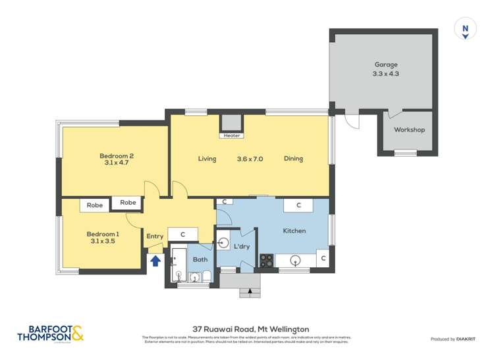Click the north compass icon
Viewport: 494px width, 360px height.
pyautogui.click(x=466, y=30)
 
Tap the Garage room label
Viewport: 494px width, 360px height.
pyautogui.click(x=385, y=64)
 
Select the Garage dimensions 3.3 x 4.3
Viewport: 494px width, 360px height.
pyautogui.click(x=385, y=74)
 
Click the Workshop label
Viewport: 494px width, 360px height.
pyautogui.click(x=409, y=130)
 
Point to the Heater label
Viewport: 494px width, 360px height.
pyautogui.click(x=232, y=136)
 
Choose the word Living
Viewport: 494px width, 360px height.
pyautogui.click(x=207, y=159)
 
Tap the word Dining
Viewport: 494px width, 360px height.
pyautogui.click(x=294, y=159)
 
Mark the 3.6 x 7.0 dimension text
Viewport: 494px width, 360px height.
pyautogui.click(x=250, y=159)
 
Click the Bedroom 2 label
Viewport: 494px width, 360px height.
pyautogui.click(x=117, y=156)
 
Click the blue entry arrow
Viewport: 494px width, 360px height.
pyautogui.click(x=155, y=260)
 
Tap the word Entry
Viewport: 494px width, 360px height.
pyautogui.click(x=155, y=236)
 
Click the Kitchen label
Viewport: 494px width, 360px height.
pyautogui.click(x=294, y=231)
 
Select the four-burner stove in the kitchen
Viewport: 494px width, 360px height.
pyautogui.click(x=266, y=260)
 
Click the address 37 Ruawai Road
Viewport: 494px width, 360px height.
pyautogui.click(x=221, y=329)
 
